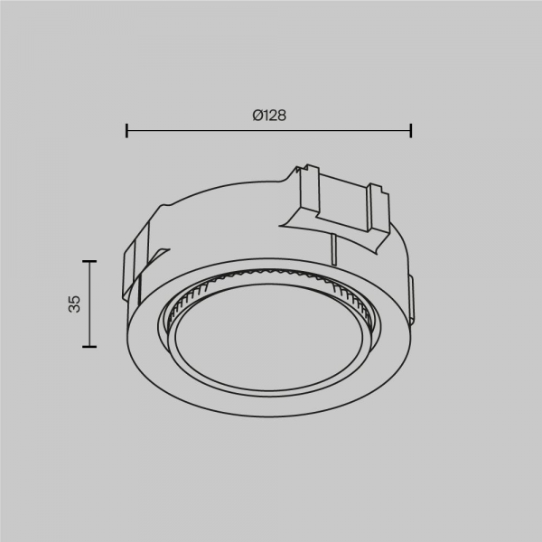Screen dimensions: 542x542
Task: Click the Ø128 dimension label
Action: [269, 116]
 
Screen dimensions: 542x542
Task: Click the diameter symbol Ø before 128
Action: [257, 116]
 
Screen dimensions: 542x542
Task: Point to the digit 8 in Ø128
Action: [282, 116]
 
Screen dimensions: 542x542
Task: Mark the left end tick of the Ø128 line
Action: [126, 130]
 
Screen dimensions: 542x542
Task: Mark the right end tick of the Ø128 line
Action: [411, 130]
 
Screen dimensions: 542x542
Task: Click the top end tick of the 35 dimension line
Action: [89, 261]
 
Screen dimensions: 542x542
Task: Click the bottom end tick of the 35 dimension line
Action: [89, 346]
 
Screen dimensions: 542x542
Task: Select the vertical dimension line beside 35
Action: [89, 304]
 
